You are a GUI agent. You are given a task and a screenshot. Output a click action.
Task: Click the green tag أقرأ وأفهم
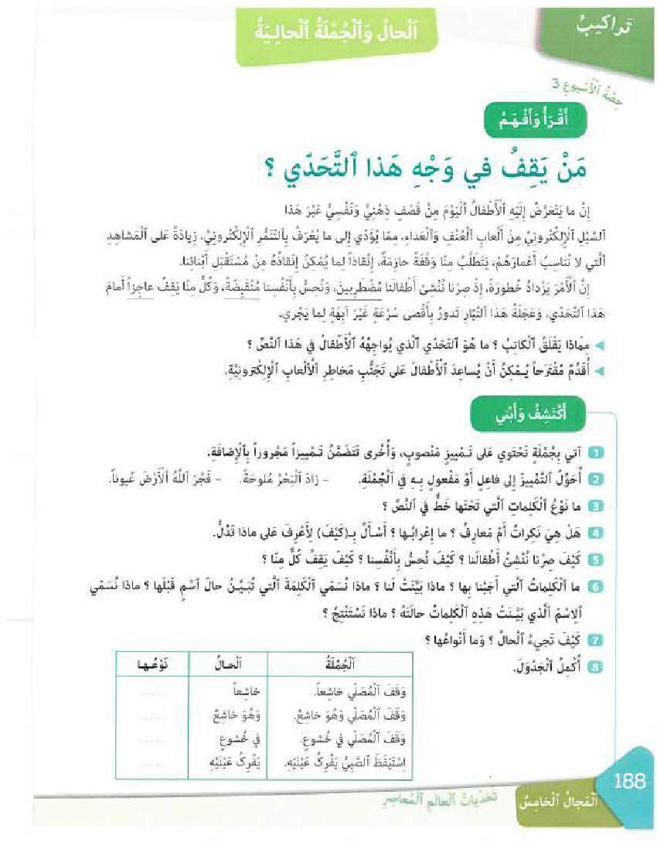coord(533,121)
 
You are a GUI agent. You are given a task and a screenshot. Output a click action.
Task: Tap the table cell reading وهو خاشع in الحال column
coord(221,713)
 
